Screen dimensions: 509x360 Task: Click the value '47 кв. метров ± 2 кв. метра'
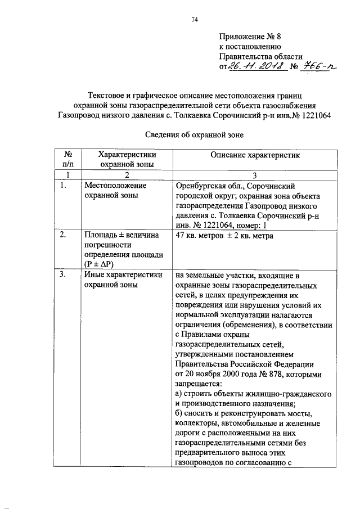click(x=224, y=236)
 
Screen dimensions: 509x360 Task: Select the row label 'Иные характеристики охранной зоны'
click(x=123, y=280)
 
